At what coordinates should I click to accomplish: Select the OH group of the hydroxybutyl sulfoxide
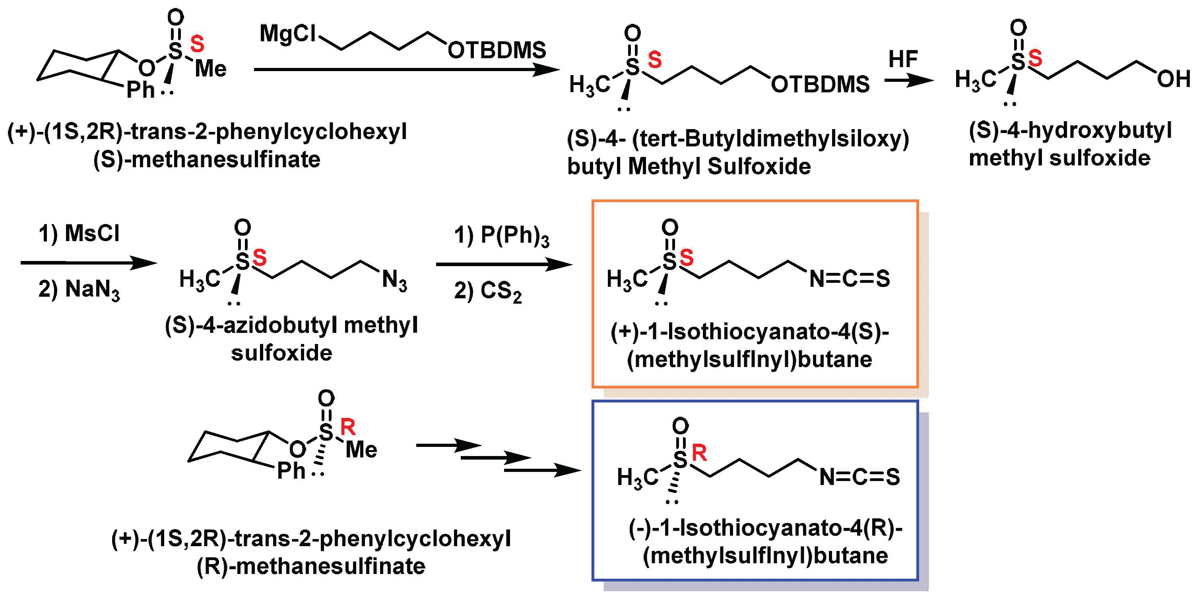click(1173, 79)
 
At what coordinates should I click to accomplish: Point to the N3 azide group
click(394, 280)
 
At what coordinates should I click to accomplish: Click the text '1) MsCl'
click(79, 233)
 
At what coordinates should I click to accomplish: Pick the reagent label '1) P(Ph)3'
click(501, 236)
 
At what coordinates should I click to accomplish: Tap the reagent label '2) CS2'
click(488, 291)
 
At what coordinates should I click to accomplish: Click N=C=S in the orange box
click(850, 279)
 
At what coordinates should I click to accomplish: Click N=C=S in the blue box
click(859, 477)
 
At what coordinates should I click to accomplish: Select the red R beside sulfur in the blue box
click(699, 452)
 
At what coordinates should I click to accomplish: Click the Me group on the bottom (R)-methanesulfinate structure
click(361, 450)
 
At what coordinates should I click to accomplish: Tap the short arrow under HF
click(908, 80)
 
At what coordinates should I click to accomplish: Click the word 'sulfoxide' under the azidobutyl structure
click(281, 353)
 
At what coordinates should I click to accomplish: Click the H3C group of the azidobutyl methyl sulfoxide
click(200, 280)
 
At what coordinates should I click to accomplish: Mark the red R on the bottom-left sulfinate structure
click(348, 426)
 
